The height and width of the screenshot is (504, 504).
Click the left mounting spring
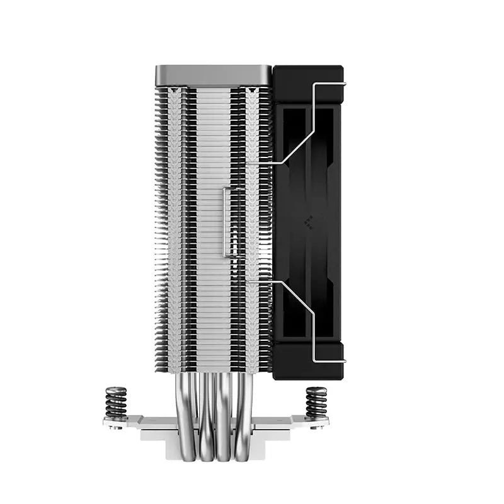116,402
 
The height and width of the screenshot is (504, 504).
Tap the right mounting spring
316,402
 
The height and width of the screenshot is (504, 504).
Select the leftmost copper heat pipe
193,409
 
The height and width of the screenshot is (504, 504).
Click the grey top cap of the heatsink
213,75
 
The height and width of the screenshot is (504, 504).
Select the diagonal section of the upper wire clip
296,139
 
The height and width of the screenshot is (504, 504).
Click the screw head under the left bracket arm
115,427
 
